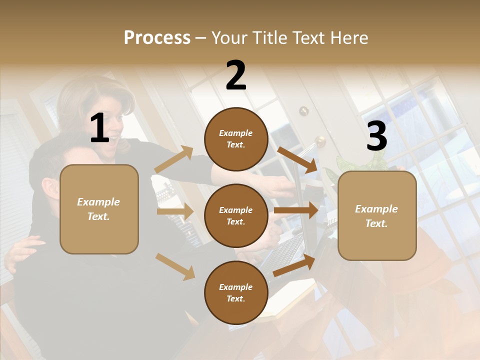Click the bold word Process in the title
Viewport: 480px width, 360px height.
[x=157, y=37]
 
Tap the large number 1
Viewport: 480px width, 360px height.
[x=99, y=128]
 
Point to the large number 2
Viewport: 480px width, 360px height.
[x=236, y=75]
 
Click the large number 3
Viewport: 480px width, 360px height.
[x=376, y=136]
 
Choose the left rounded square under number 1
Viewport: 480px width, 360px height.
[x=99, y=209]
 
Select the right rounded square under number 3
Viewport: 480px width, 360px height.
[x=377, y=216]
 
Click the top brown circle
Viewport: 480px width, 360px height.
[x=236, y=139]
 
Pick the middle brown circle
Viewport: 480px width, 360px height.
[x=236, y=215]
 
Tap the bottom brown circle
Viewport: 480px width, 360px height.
[x=236, y=292]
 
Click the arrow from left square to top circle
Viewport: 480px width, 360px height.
[x=174, y=159]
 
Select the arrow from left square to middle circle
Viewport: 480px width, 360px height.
[x=175, y=211]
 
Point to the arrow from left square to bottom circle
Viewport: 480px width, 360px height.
[x=175, y=266]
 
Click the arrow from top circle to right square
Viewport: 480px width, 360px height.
[x=297, y=159]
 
